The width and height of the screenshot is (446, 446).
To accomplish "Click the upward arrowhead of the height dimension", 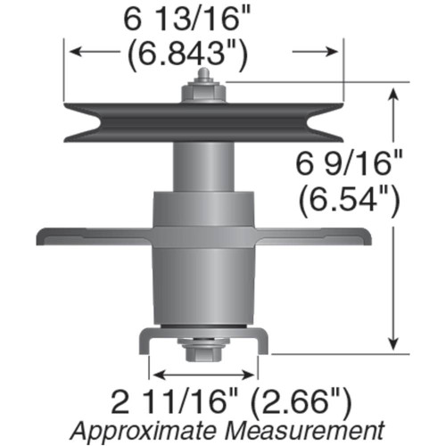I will (393, 92).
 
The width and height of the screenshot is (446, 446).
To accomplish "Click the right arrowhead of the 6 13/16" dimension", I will (335, 54).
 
